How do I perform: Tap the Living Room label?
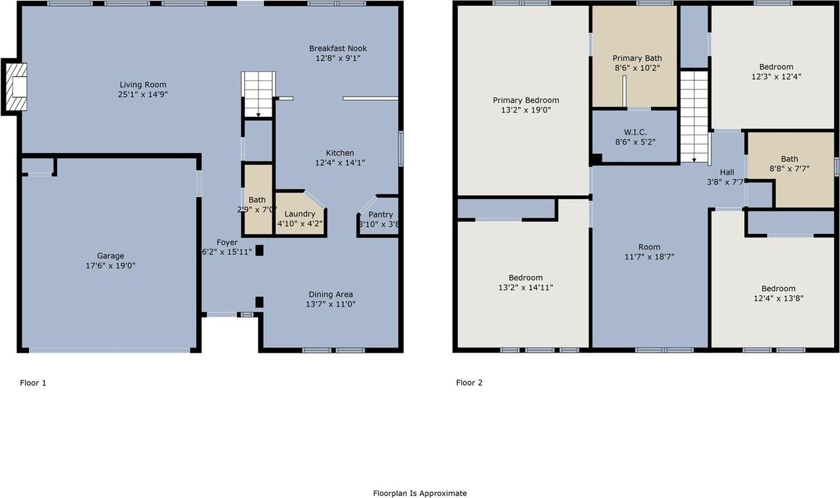coord(142,85)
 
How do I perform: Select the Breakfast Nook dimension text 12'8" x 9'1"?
coord(338,58)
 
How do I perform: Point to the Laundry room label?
coord(299,214)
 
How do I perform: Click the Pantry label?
coord(380,215)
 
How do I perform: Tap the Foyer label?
coord(227,242)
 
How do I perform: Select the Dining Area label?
coord(331,294)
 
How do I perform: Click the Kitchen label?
coord(339,153)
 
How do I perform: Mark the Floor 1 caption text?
coord(33,383)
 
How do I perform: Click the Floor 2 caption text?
coord(469,383)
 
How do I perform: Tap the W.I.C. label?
coord(635,132)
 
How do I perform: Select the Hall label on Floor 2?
coord(726,173)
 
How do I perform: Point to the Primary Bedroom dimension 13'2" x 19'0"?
coord(526,110)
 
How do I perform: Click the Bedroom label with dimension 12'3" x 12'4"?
coord(776,67)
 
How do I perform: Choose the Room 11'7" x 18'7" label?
coord(649,247)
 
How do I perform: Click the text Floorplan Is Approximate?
coord(419,493)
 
